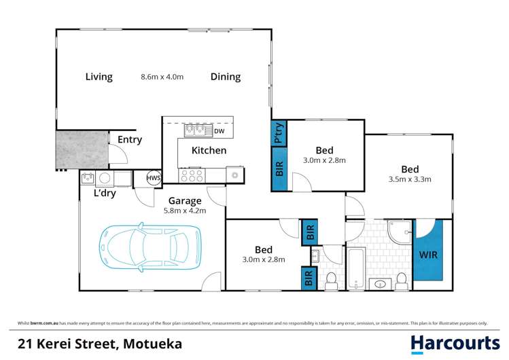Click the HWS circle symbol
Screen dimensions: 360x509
pos(153,178)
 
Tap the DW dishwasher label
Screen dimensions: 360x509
pos(219,131)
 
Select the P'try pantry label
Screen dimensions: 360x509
pos(279,133)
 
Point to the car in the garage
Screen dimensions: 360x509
pos(151,247)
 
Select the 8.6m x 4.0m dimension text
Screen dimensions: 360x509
pos(162,77)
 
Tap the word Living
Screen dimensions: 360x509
pos(99,77)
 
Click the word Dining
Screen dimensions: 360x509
pos(225,77)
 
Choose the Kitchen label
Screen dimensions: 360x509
pos(209,150)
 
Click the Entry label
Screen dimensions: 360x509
pos(130,140)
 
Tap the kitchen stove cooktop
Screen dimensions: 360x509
pos(192,175)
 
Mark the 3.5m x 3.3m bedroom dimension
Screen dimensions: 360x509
pos(410,180)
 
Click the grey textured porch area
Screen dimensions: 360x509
pos(82,149)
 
